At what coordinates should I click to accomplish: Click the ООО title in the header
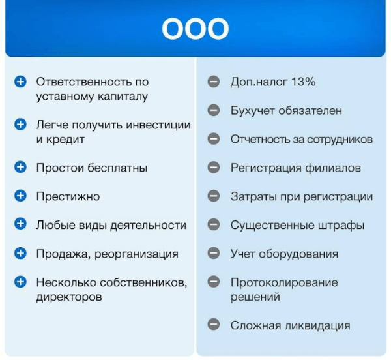pos(195,29)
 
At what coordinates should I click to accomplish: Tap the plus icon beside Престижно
pos(21,196)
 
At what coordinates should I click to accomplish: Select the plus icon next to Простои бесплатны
pos(21,168)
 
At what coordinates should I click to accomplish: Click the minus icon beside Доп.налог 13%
pos(213,82)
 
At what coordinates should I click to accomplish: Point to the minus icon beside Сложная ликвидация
pos(213,325)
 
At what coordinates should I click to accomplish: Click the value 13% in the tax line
pos(302,82)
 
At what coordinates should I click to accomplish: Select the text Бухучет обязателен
pos(285,111)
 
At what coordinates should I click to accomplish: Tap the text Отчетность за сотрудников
pos(301,140)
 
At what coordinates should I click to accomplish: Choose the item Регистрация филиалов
pos(295,168)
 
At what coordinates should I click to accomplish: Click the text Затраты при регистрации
pos(301,196)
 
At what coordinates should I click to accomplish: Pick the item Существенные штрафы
pos(297,225)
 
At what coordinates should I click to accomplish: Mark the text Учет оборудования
pos(284,254)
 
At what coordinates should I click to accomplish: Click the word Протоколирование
pos(284,283)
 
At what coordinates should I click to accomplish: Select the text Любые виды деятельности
pos(111,225)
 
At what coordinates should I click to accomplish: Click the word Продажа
pos(62,254)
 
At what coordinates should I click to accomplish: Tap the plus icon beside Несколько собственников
pos(21,282)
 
